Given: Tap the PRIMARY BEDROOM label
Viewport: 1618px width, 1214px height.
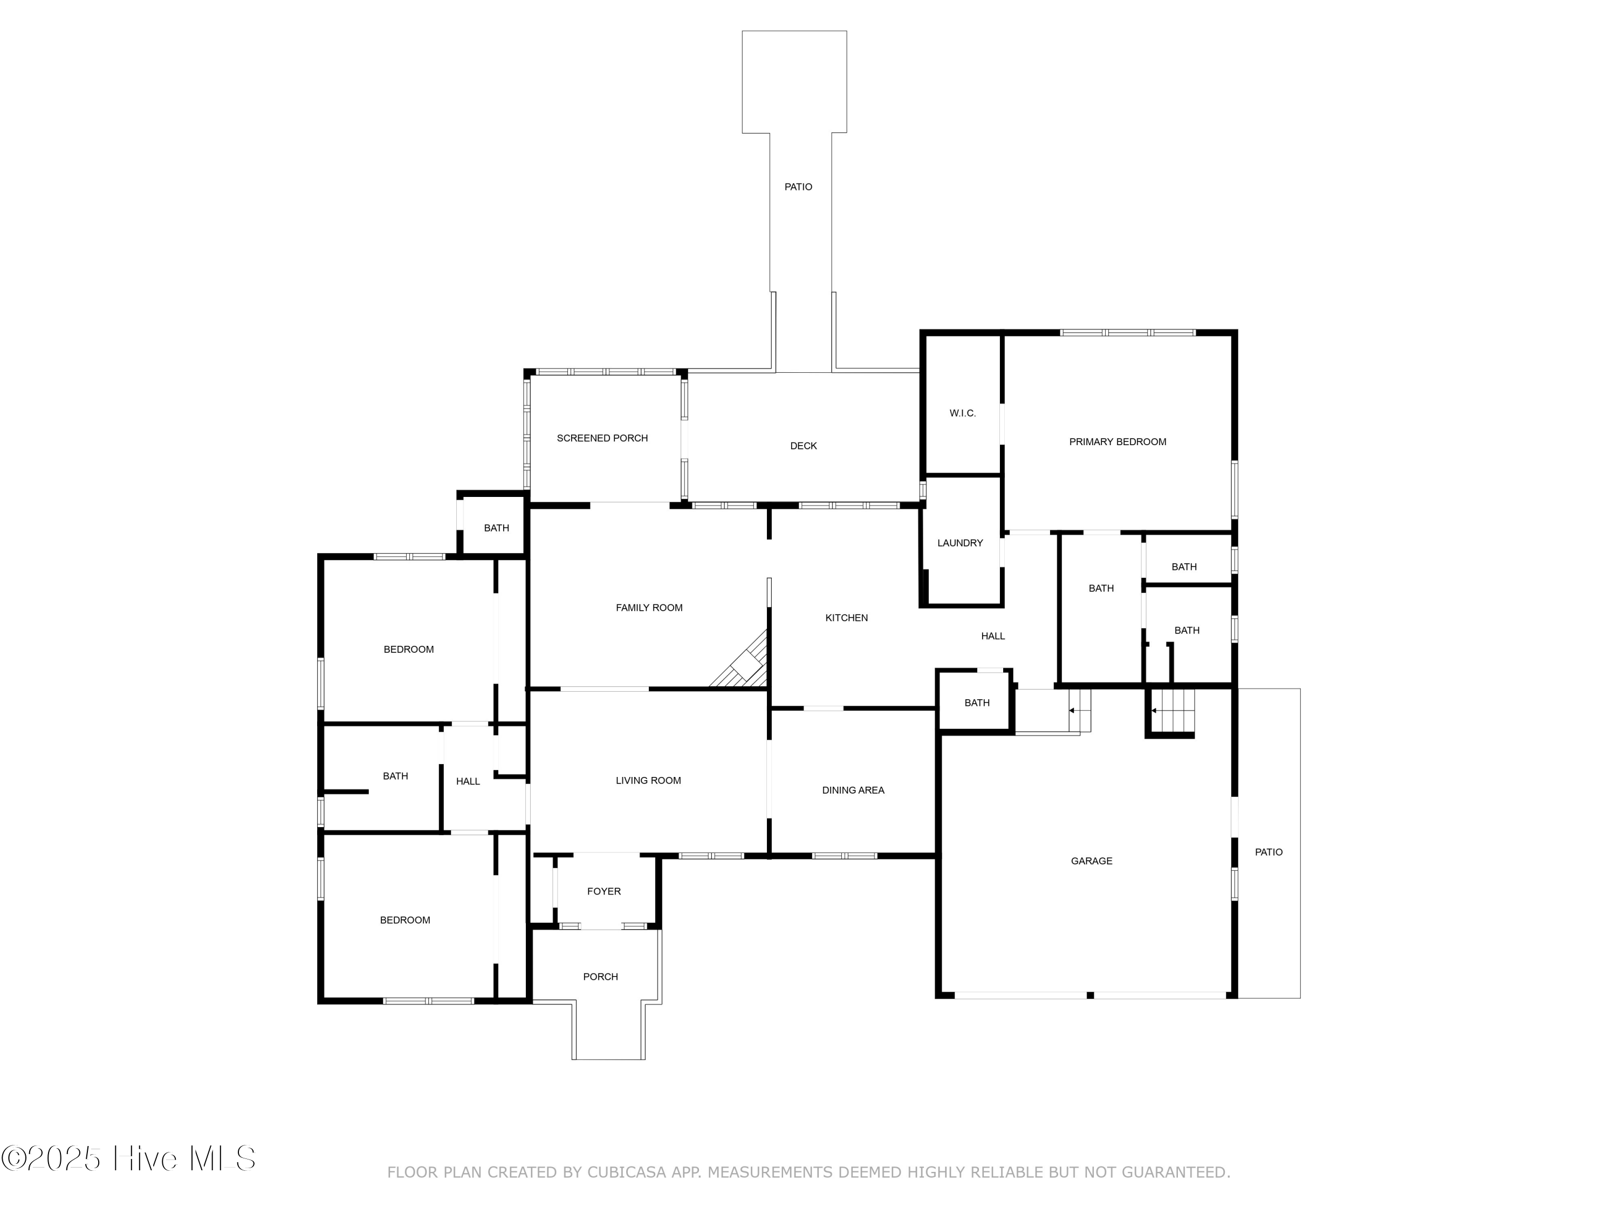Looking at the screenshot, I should (x=1117, y=442).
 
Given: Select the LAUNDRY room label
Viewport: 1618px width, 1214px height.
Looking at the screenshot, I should (x=959, y=543).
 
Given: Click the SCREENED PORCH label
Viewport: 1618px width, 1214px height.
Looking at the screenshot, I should (x=602, y=438).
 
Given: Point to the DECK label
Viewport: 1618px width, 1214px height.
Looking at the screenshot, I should (x=803, y=446).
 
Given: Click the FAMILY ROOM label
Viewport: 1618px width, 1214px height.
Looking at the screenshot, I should (x=649, y=608).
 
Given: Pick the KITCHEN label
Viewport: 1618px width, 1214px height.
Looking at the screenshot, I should (x=846, y=618).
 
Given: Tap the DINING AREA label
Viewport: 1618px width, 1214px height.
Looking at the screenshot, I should (x=853, y=790).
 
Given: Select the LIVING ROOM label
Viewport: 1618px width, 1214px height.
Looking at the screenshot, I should (x=648, y=781).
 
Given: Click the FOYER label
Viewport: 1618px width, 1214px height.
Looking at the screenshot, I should (x=604, y=891).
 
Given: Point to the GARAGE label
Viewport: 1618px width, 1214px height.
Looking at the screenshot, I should (x=1092, y=861).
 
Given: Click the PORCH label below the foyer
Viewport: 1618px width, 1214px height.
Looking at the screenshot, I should (x=600, y=977).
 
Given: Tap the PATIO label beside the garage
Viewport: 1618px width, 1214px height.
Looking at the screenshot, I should (x=1269, y=852).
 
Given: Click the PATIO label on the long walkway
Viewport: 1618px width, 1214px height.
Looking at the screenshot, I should (x=798, y=187).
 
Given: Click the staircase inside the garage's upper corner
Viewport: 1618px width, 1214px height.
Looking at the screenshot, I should (x=1173, y=711).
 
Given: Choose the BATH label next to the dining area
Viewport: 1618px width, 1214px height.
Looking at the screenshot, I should (x=977, y=703).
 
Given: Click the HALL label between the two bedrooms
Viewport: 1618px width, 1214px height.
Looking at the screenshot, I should (x=468, y=781).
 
